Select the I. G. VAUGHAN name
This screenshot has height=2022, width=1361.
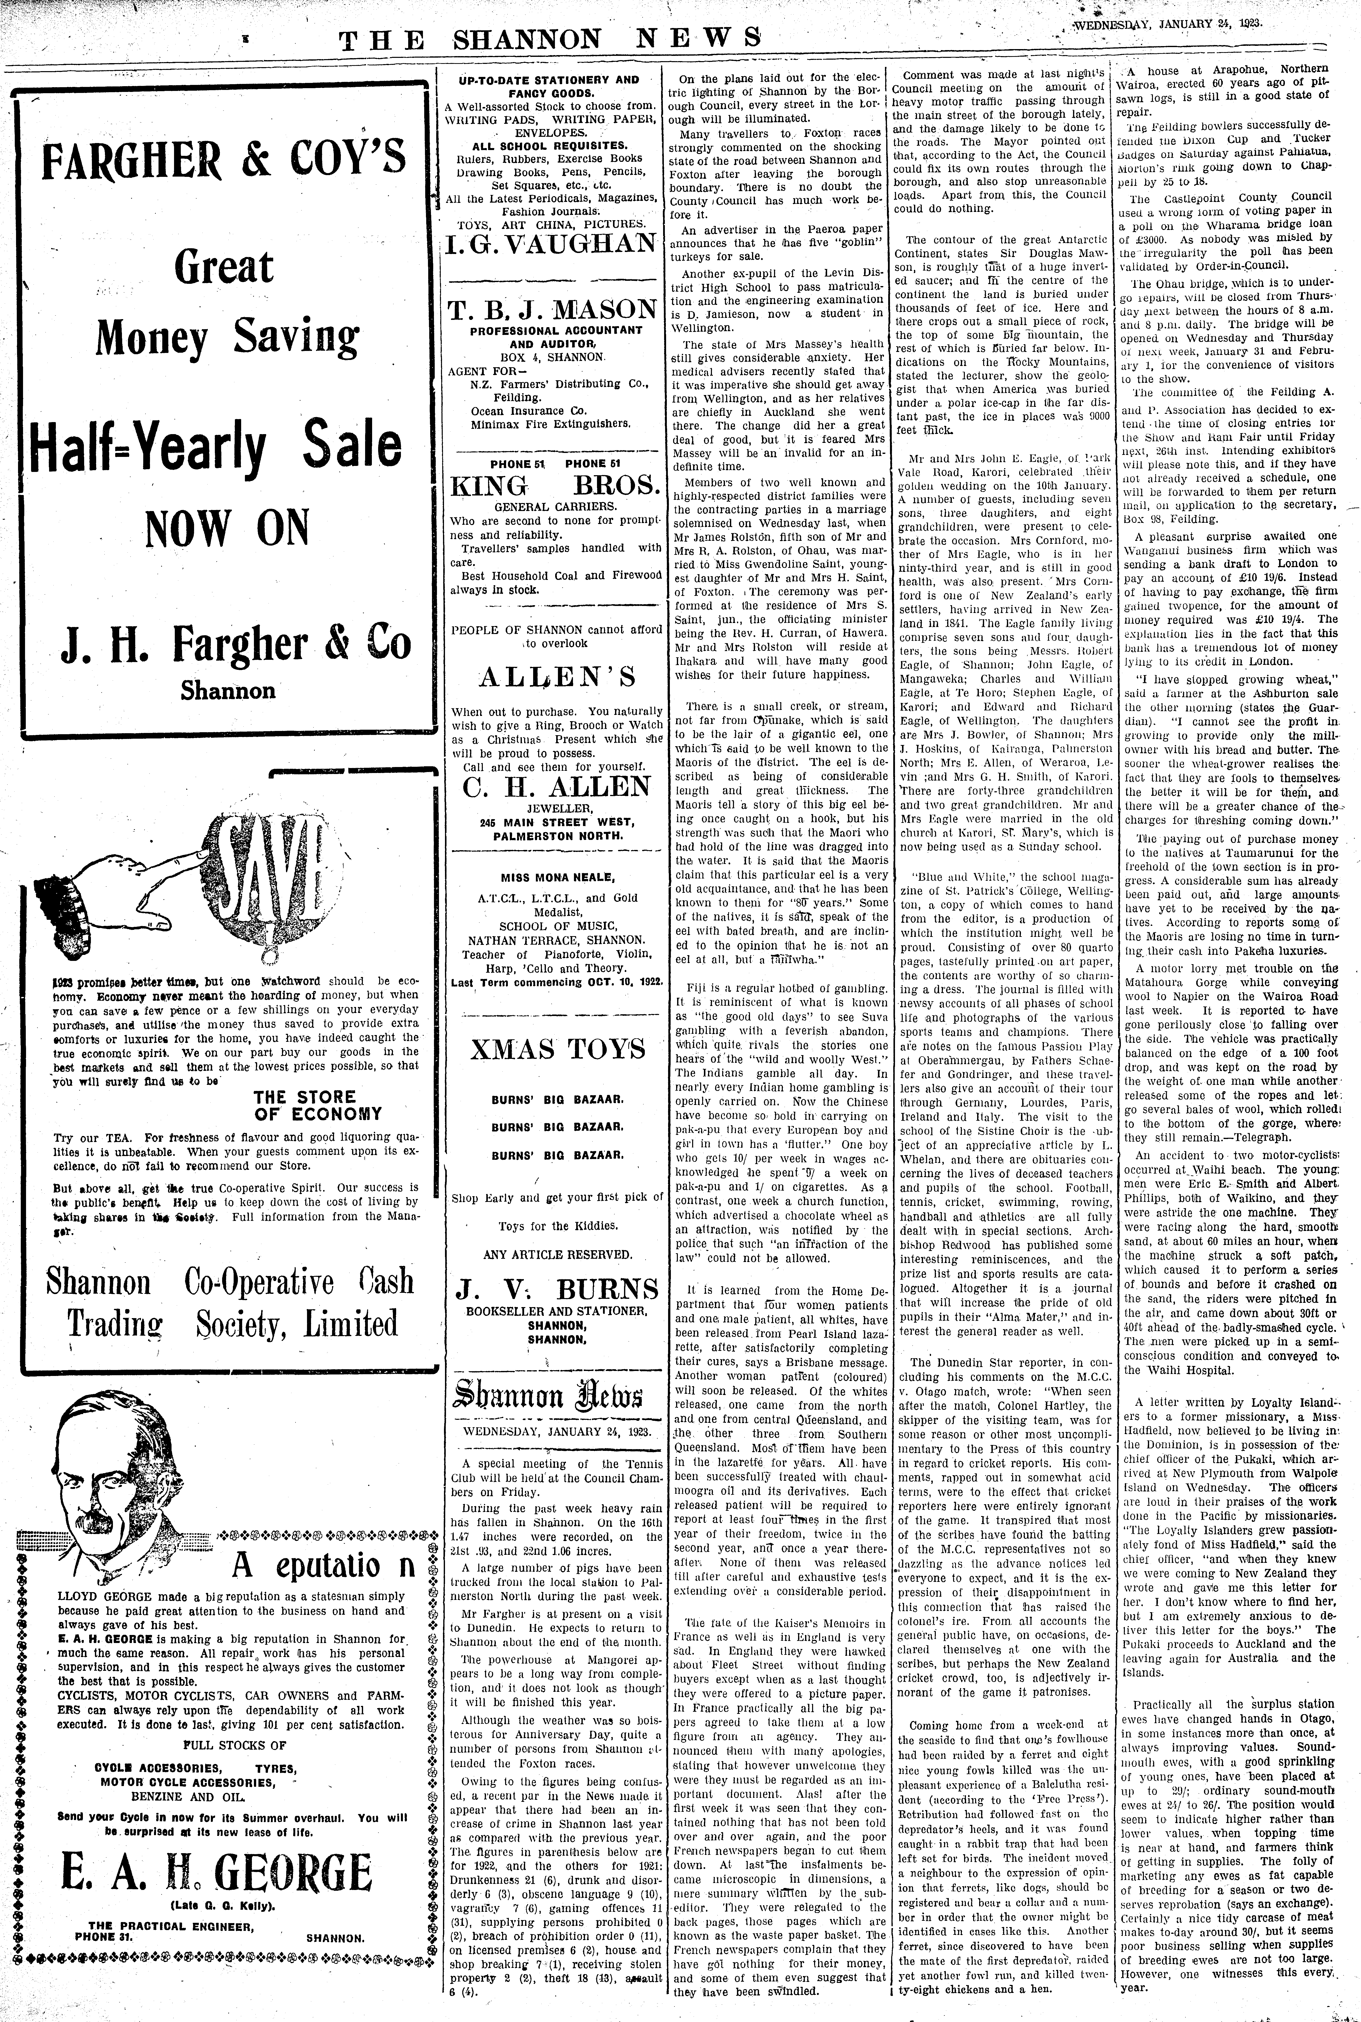[x=551, y=243]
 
